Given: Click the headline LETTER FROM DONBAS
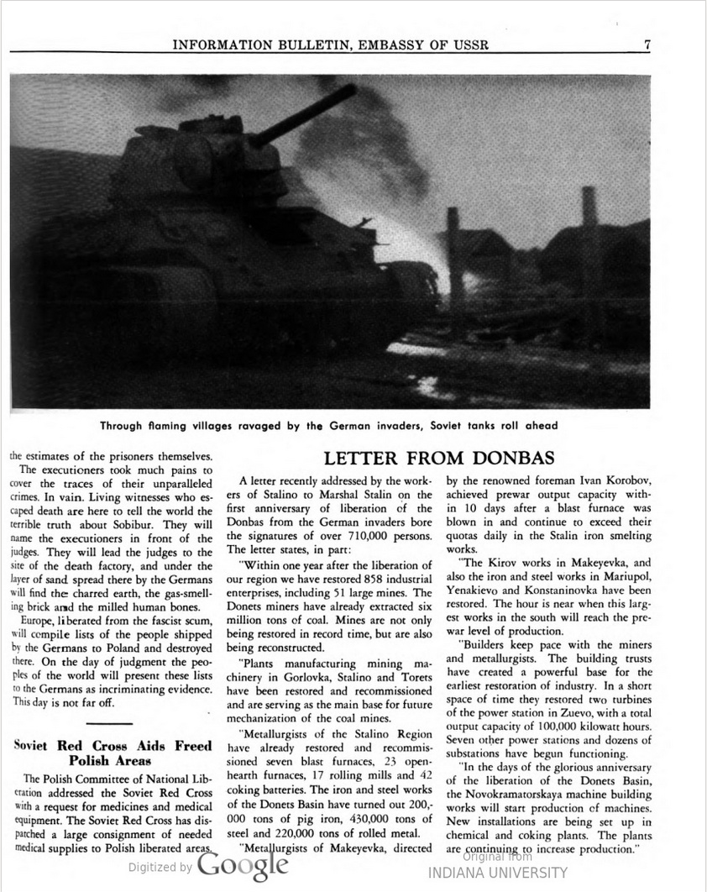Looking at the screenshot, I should (439, 458).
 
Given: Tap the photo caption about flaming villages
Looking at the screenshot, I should (329, 426).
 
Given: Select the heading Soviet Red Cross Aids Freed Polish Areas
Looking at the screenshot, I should (113, 753).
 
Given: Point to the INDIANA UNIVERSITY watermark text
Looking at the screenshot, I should (497, 874).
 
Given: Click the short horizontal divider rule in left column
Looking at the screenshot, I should (109, 723).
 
